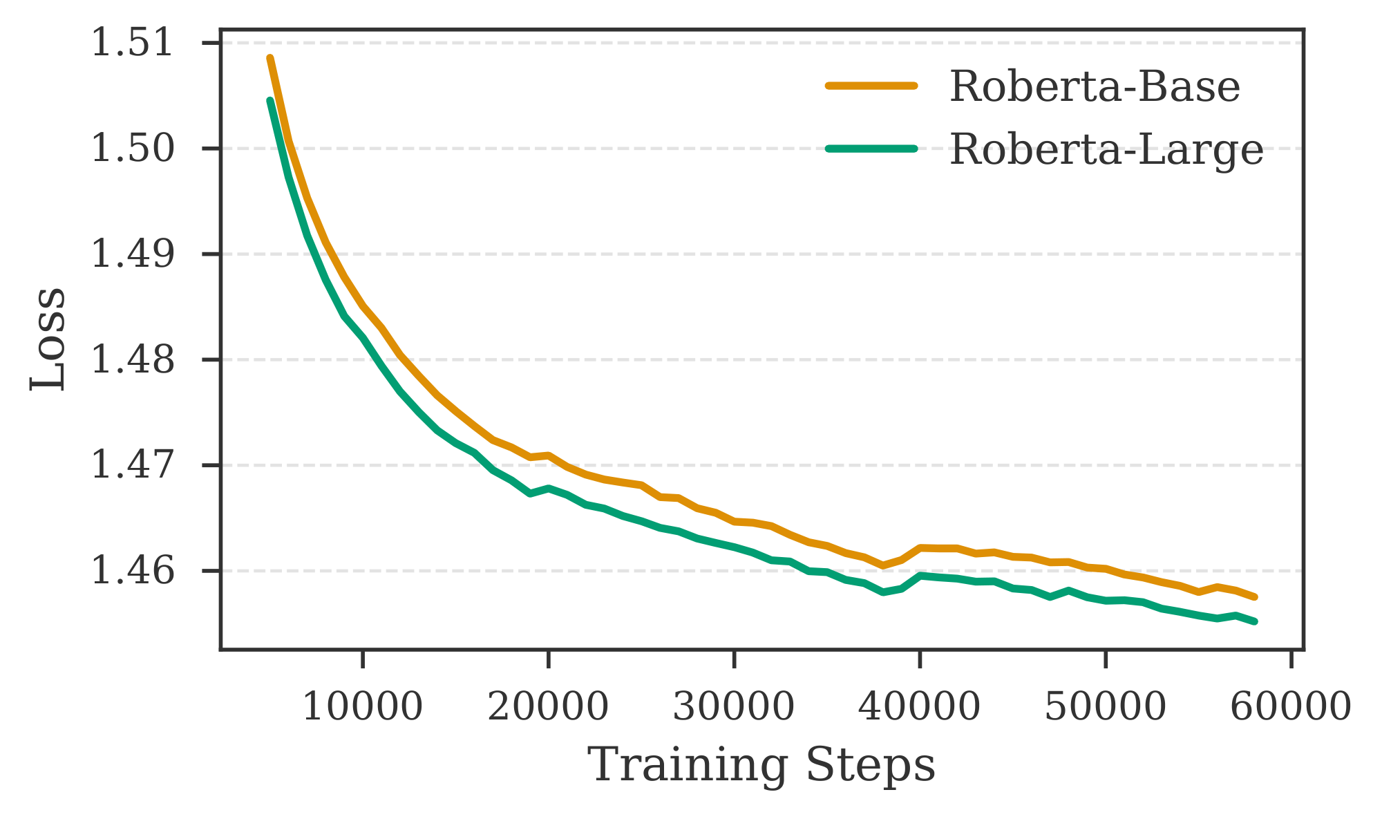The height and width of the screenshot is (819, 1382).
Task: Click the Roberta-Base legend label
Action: [1095, 88]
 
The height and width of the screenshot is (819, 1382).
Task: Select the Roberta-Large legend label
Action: [1106, 149]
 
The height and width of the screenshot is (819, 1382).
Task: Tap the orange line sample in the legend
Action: [871, 86]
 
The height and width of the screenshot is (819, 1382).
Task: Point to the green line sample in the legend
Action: [871, 148]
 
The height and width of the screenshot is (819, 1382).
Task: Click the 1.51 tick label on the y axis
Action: [132, 43]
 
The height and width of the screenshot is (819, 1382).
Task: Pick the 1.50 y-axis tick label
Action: [132, 149]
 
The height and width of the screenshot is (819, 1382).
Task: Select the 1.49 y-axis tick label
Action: [132, 254]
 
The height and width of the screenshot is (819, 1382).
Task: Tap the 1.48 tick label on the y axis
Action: [132, 360]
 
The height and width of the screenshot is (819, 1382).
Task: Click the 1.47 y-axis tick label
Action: [132, 465]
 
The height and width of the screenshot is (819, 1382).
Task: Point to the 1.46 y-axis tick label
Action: [132, 572]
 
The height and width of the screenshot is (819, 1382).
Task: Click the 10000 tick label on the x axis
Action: [363, 707]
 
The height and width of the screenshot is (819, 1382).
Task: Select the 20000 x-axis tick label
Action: [548, 707]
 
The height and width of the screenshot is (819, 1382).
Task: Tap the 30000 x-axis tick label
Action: [734, 707]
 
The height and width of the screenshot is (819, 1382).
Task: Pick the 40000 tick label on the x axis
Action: [919, 707]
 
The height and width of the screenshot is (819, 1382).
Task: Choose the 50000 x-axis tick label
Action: [1105, 707]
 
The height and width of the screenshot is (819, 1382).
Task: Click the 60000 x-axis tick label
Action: [1291, 707]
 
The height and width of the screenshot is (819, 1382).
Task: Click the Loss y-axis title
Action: [48, 339]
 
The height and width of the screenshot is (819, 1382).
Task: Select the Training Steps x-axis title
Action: [761, 766]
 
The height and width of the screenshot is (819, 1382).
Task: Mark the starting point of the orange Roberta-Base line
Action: [270, 58]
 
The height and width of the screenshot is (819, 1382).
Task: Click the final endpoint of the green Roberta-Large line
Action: [1255, 621]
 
